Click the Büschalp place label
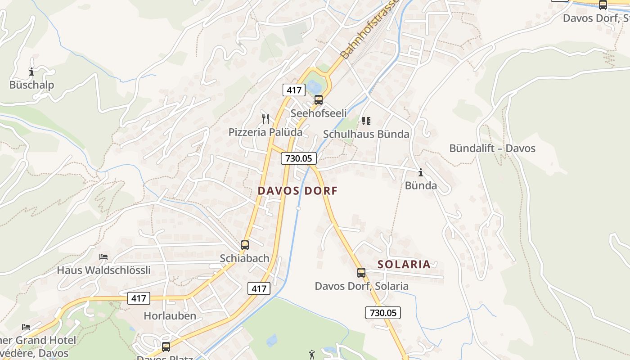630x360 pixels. click(31, 85)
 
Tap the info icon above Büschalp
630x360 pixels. click(31, 72)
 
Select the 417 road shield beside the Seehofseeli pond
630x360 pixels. click(294, 90)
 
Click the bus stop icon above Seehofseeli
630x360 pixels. click(319, 100)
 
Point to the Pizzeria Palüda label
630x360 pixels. click(265, 132)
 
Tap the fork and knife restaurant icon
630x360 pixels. click(265, 119)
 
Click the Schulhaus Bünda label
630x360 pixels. click(366, 134)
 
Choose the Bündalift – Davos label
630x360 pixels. click(492, 148)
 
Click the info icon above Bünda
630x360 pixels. click(421, 172)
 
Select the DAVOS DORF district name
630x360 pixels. click(297, 191)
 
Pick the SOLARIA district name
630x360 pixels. click(404, 265)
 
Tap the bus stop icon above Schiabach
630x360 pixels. click(245, 245)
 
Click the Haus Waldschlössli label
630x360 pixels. click(103, 270)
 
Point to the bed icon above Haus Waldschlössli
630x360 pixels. click(103, 257)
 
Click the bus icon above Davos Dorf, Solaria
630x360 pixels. click(361, 273)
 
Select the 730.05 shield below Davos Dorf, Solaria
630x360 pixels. click(382, 313)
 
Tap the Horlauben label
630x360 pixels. click(170, 316)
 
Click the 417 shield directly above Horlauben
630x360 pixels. click(139, 298)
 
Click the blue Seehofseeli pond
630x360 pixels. click(314, 85)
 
